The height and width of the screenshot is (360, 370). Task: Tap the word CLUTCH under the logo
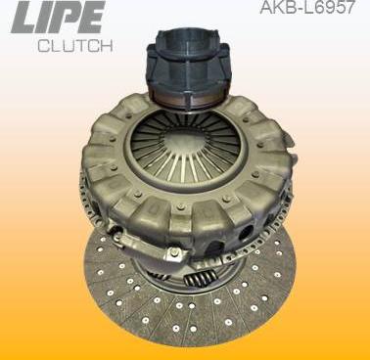click(75, 46)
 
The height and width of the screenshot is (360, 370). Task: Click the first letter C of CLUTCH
click(43, 46)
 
